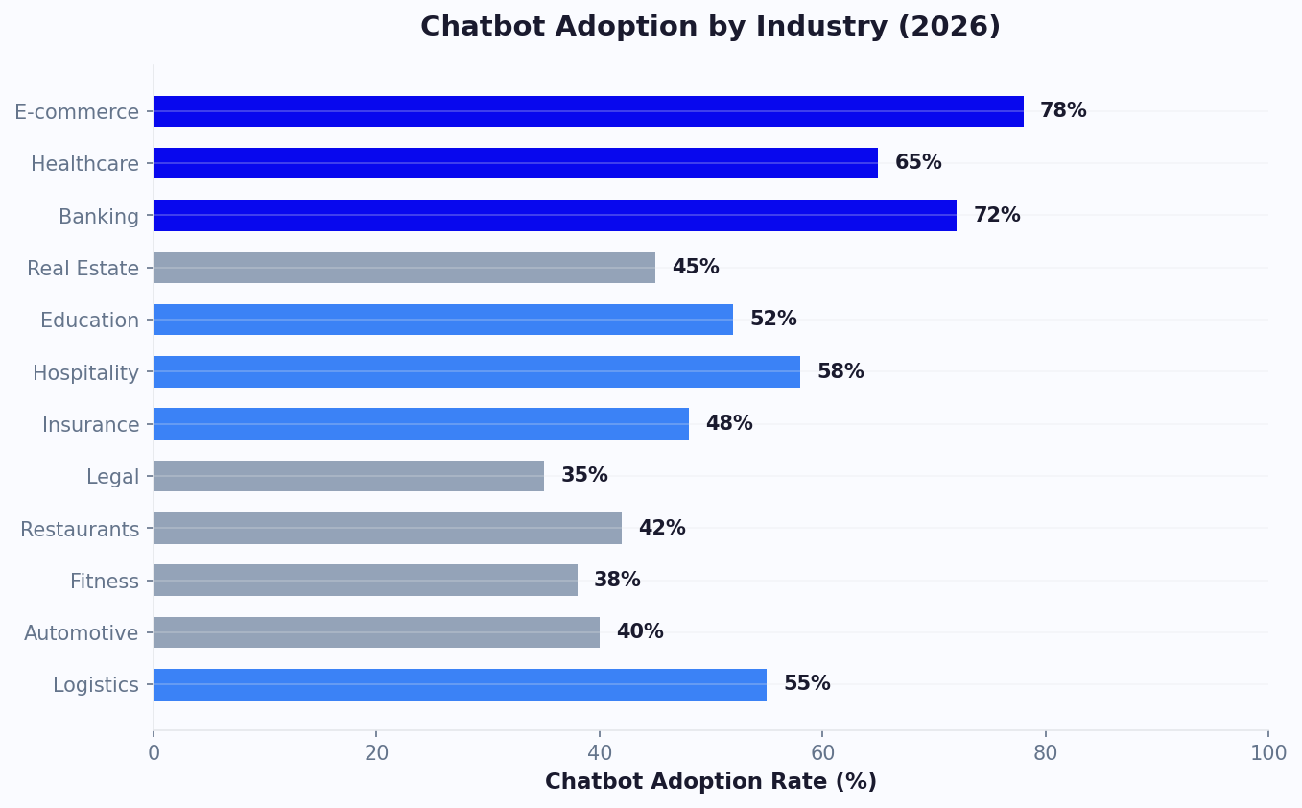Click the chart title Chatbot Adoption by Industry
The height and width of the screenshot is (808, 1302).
pos(710,27)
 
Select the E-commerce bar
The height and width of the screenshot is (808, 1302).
pos(588,111)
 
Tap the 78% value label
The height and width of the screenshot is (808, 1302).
pos(1063,111)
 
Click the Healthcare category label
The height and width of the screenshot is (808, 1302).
pos(84,164)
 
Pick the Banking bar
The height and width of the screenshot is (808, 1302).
pos(555,215)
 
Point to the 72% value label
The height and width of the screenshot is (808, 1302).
pos(997,216)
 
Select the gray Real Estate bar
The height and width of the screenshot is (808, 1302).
pos(404,268)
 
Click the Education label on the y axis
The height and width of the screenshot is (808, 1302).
pos(89,321)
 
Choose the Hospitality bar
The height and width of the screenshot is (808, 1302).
pos(477,371)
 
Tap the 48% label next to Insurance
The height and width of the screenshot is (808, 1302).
pos(729,424)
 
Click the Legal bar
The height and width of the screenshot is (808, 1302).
pos(348,476)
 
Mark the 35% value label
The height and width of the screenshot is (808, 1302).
pos(584,476)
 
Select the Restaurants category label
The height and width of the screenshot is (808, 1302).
pos(80,530)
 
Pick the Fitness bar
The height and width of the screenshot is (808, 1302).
pos(366,580)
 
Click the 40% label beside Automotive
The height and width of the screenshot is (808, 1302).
pos(640,632)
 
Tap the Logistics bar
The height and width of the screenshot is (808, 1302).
pos(460,684)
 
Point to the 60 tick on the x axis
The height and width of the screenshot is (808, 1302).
pos(822,753)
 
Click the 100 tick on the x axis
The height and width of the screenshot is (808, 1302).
pos(1267,753)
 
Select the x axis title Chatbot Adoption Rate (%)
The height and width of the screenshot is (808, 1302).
pos(710,782)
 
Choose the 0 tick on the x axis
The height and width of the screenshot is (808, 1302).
pos(154,753)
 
